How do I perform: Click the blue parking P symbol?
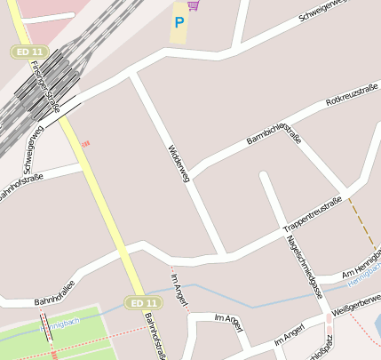[x=179, y=22]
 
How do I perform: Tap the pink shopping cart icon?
[x=193, y=5]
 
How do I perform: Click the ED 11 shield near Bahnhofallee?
[x=142, y=303]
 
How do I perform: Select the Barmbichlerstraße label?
[x=274, y=128]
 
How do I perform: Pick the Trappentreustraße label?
[x=312, y=214]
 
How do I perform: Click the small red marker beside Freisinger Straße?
[x=85, y=144]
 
